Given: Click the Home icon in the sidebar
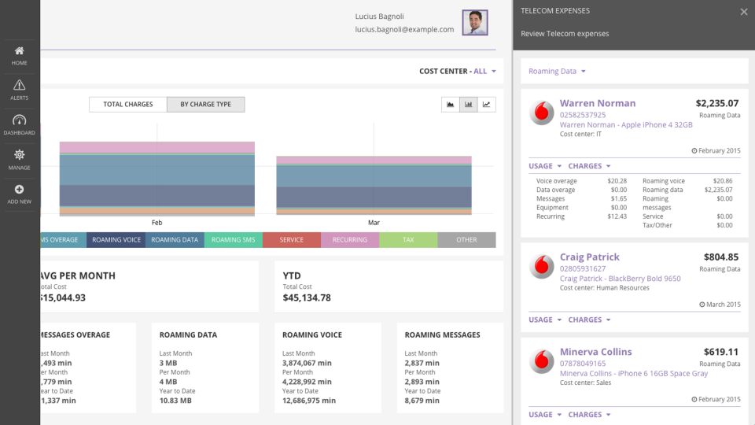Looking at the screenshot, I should tap(20, 51).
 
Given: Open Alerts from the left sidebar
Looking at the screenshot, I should tap(20, 85).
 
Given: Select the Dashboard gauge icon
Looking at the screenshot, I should tap(20, 120).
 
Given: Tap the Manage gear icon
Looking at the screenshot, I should tap(20, 155).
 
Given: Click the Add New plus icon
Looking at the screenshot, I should tap(20, 190).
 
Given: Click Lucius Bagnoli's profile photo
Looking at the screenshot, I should tap(474, 22).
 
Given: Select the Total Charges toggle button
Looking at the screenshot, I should tap(128, 104).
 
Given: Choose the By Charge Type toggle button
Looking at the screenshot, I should tap(205, 104).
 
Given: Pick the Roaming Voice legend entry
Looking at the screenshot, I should tap(116, 240).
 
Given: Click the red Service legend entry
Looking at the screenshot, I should tap(292, 240).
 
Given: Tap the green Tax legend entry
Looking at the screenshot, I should tap(408, 240).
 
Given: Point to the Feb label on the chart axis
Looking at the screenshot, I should tap(157, 223).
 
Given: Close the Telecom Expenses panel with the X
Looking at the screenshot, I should tap(744, 12).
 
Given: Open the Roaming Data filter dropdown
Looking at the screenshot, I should tap(557, 72).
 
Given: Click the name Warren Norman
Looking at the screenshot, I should tap(598, 103).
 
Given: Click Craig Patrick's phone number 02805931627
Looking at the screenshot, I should tap(583, 269).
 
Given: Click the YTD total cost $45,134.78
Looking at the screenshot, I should tap(307, 298).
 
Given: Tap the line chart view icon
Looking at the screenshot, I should tap(487, 104).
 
